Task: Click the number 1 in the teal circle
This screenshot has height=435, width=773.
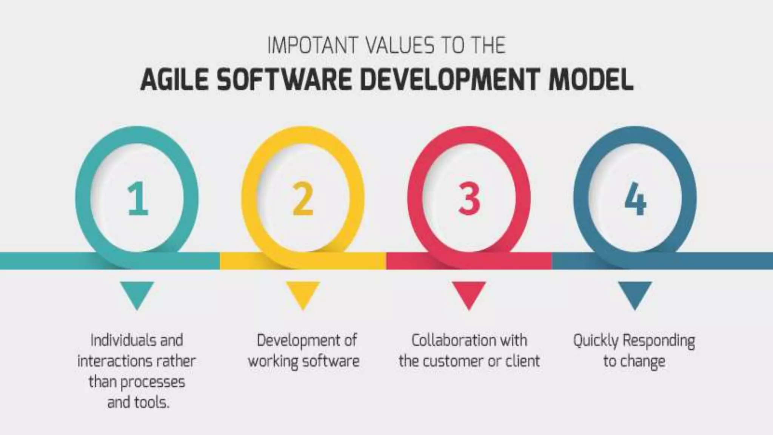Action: pyautogui.click(x=138, y=199)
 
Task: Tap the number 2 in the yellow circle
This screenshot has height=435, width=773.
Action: pyautogui.click(x=303, y=199)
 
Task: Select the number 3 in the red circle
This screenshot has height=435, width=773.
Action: pyautogui.click(x=469, y=199)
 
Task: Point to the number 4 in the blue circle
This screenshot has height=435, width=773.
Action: pyautogui.click(x=635, y=199)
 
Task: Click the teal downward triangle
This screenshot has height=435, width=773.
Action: pyautogui.click(x=137, y=294)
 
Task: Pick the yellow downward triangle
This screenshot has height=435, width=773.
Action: pyautogui.click(x=303, y=294)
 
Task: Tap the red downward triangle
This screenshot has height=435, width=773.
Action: pyautogui.click(x=469, y=294)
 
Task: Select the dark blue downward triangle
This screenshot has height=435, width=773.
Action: pyautogui.click(x=635, y=294)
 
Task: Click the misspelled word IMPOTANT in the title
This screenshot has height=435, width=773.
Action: pyautogui.click(x=312, y=46)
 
